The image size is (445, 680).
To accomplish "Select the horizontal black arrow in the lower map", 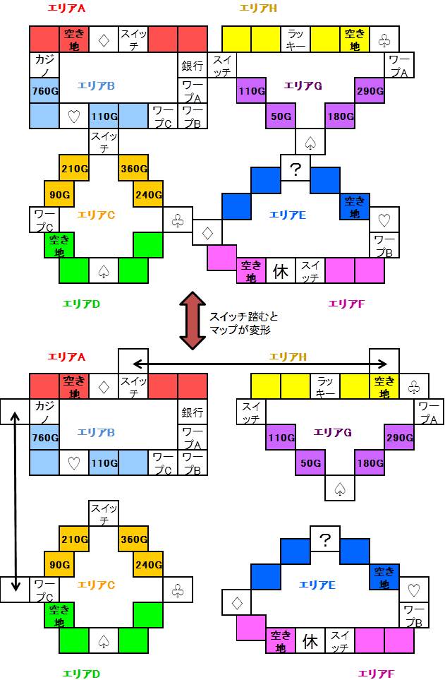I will point(259,364).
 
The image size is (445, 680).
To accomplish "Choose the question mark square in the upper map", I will point(295,169).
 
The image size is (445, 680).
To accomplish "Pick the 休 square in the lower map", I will point(310,641).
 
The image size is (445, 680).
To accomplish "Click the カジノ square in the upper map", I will point(44,65).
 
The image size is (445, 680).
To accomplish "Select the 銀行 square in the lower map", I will point(193,412).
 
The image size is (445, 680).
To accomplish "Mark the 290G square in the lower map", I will point(399,438).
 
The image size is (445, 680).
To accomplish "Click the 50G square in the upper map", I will point(281,116).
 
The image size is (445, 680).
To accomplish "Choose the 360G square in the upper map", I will point(133,169).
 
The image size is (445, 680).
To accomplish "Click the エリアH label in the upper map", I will point(258,7).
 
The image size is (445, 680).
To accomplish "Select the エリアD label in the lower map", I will point(81,673).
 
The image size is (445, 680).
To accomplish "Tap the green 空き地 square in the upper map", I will point(59,246).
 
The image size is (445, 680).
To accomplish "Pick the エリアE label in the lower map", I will point(317,585).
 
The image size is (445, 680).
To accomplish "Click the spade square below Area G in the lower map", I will point(340,487).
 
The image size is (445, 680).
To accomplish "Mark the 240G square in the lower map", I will point(148,566).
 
